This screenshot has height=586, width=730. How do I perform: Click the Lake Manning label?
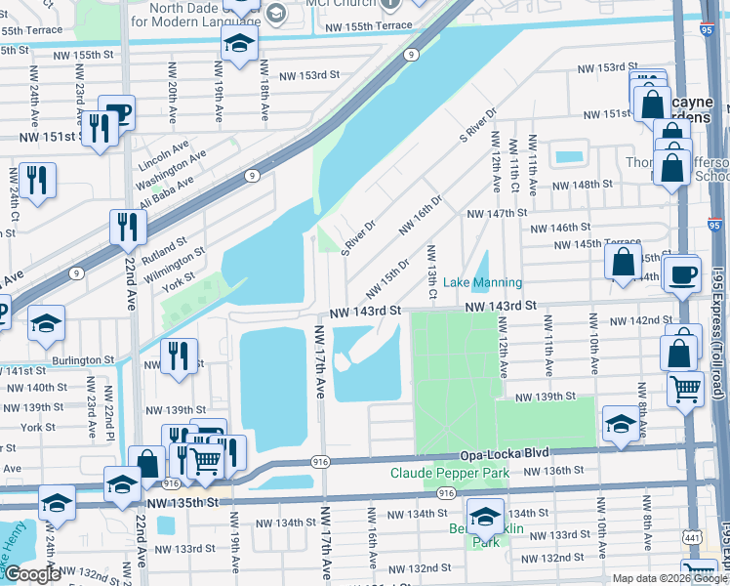(482, 282)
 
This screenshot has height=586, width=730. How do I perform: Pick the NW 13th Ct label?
(431, 272)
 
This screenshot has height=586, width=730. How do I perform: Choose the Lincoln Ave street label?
(163, 153)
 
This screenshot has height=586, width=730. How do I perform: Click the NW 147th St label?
(497, 212)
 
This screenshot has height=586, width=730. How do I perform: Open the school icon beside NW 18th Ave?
(239, 44)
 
